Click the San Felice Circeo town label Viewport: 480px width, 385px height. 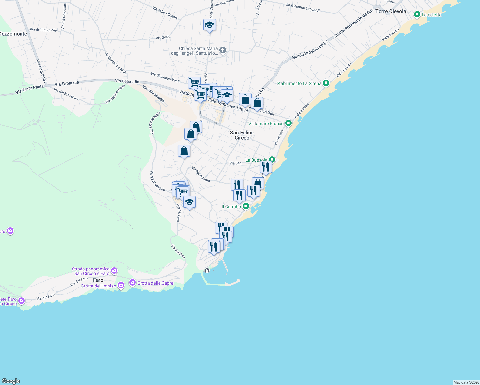click(x=242, y=135)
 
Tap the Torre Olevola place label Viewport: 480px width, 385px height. click(x=390, y=11)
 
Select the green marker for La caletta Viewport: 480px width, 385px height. click(x=417, y=14)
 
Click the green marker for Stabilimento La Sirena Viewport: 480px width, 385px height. click(x=326, y=83)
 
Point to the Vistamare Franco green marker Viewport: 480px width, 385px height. click(x=288, y=123)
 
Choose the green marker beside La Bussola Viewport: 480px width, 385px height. click(x=272, y=159)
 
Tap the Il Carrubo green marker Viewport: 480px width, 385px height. click(x=245, y=206)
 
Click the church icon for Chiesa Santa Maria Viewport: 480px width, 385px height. click(x=223, y=50)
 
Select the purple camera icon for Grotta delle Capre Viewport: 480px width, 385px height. click(x=132, y=283)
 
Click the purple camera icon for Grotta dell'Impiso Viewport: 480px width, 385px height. click(x=121, y=285)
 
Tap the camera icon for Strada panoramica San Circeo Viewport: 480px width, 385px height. click(x=114, y=271)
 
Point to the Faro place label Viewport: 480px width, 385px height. click(x=98, y=280)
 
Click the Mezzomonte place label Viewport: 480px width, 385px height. click(x=13, y=34)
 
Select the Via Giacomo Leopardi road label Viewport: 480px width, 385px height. click(x=302, y=7)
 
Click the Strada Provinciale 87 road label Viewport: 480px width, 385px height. click(x=310, y=50)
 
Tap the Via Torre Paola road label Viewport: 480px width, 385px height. click(x=29, y=90)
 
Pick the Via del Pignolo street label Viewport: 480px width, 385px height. click(x=201, y=174)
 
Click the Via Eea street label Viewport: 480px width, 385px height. click(x=235, y=163)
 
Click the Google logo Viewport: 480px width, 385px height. click(x=11, y=381)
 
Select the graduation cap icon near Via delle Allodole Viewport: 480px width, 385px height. click(x=210, y=25)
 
